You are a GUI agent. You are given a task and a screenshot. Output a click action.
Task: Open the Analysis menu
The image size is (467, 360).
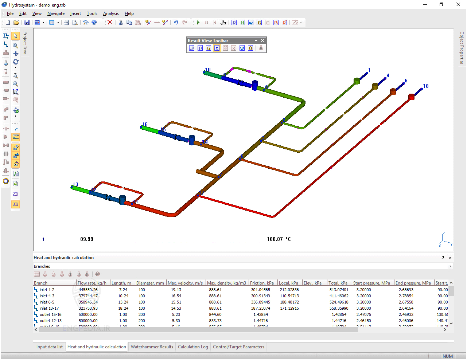[x=111, y=13]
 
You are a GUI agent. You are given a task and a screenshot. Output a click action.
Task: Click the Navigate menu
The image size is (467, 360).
[x=56, y=13]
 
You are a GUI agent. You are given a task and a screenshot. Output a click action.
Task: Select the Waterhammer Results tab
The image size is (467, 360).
[x=152, y=347]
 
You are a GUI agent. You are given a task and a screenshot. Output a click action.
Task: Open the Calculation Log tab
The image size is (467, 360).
[x=193, y=347]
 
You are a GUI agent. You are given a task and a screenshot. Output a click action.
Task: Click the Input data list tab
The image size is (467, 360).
[x=49, y=347]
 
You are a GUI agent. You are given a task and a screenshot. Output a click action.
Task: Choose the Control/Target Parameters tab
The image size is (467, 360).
[x=238, y=347]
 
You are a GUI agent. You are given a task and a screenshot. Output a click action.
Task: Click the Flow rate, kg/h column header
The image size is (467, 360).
[x=92, y=283]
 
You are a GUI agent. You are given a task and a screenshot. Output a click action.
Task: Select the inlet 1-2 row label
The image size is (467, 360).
[x=47, y=290]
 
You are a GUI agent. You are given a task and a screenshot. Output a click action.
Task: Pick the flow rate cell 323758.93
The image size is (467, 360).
[x=88, y=308]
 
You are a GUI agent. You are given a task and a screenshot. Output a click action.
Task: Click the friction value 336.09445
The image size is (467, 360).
[x=260, y=302]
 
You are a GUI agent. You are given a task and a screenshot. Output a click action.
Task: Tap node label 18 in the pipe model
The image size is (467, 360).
[x=425, y=86]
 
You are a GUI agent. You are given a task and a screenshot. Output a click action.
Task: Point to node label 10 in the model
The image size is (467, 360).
[x=208, y=70]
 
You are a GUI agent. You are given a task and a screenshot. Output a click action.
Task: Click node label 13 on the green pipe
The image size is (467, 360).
[x=75, y=184]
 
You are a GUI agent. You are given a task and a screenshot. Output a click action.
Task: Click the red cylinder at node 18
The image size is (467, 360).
[x=411, y=97]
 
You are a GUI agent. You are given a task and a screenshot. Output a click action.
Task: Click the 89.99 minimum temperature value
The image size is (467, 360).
[x=87, y=239]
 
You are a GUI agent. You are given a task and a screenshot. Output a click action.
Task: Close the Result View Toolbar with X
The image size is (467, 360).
[x=262, y=41]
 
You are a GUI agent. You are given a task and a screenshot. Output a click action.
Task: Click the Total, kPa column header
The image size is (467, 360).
[x=338, y=283]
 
